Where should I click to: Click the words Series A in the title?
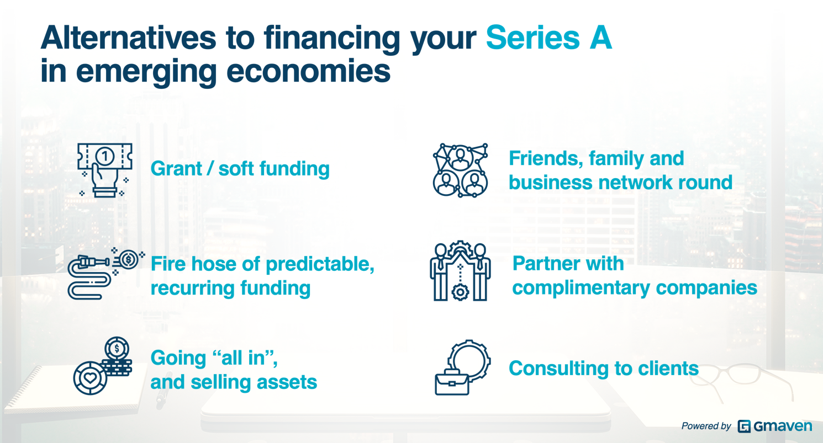pos(549,38)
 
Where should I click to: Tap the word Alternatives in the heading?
pos(128,38)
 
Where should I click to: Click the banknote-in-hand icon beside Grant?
pos(105,170)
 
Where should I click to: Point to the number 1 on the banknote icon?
pos(105,157)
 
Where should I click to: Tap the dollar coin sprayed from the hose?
pos(129,259)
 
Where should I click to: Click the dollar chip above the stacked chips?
pos(117,348)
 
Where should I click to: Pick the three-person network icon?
pos(460,170)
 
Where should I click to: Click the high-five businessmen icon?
pos(460,271)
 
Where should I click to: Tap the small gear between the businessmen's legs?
pos(460,292)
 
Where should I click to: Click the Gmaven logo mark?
pos(744,426)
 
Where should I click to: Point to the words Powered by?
pos(706,426)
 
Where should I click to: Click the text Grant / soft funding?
pos(240,169)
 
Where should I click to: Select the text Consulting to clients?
pos(604,369)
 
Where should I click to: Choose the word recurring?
pos(193,288)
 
